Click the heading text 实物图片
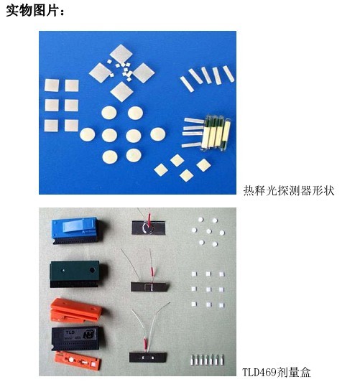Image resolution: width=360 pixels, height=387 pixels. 34,10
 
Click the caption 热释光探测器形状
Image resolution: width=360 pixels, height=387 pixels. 289,190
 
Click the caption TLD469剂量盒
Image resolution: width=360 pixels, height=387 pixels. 276,372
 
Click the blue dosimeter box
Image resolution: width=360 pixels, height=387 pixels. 76,230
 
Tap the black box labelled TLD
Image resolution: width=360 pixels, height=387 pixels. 77,337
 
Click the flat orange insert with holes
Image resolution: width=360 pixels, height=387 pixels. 78,361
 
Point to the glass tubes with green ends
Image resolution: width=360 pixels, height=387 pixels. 216,133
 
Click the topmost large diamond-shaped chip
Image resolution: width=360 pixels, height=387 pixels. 121,54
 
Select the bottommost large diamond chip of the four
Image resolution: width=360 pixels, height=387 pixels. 121,92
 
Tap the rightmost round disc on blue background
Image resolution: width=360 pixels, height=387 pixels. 158,134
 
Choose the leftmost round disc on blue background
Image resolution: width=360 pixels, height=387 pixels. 88,134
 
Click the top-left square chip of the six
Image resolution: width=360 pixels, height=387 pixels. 52,85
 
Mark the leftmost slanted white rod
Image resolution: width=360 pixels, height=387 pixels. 187,84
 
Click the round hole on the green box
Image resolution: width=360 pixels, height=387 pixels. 92,270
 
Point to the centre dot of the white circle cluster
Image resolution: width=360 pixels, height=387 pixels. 209,231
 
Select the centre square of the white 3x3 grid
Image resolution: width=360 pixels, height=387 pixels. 208,289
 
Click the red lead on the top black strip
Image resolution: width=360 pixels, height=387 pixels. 149,220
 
